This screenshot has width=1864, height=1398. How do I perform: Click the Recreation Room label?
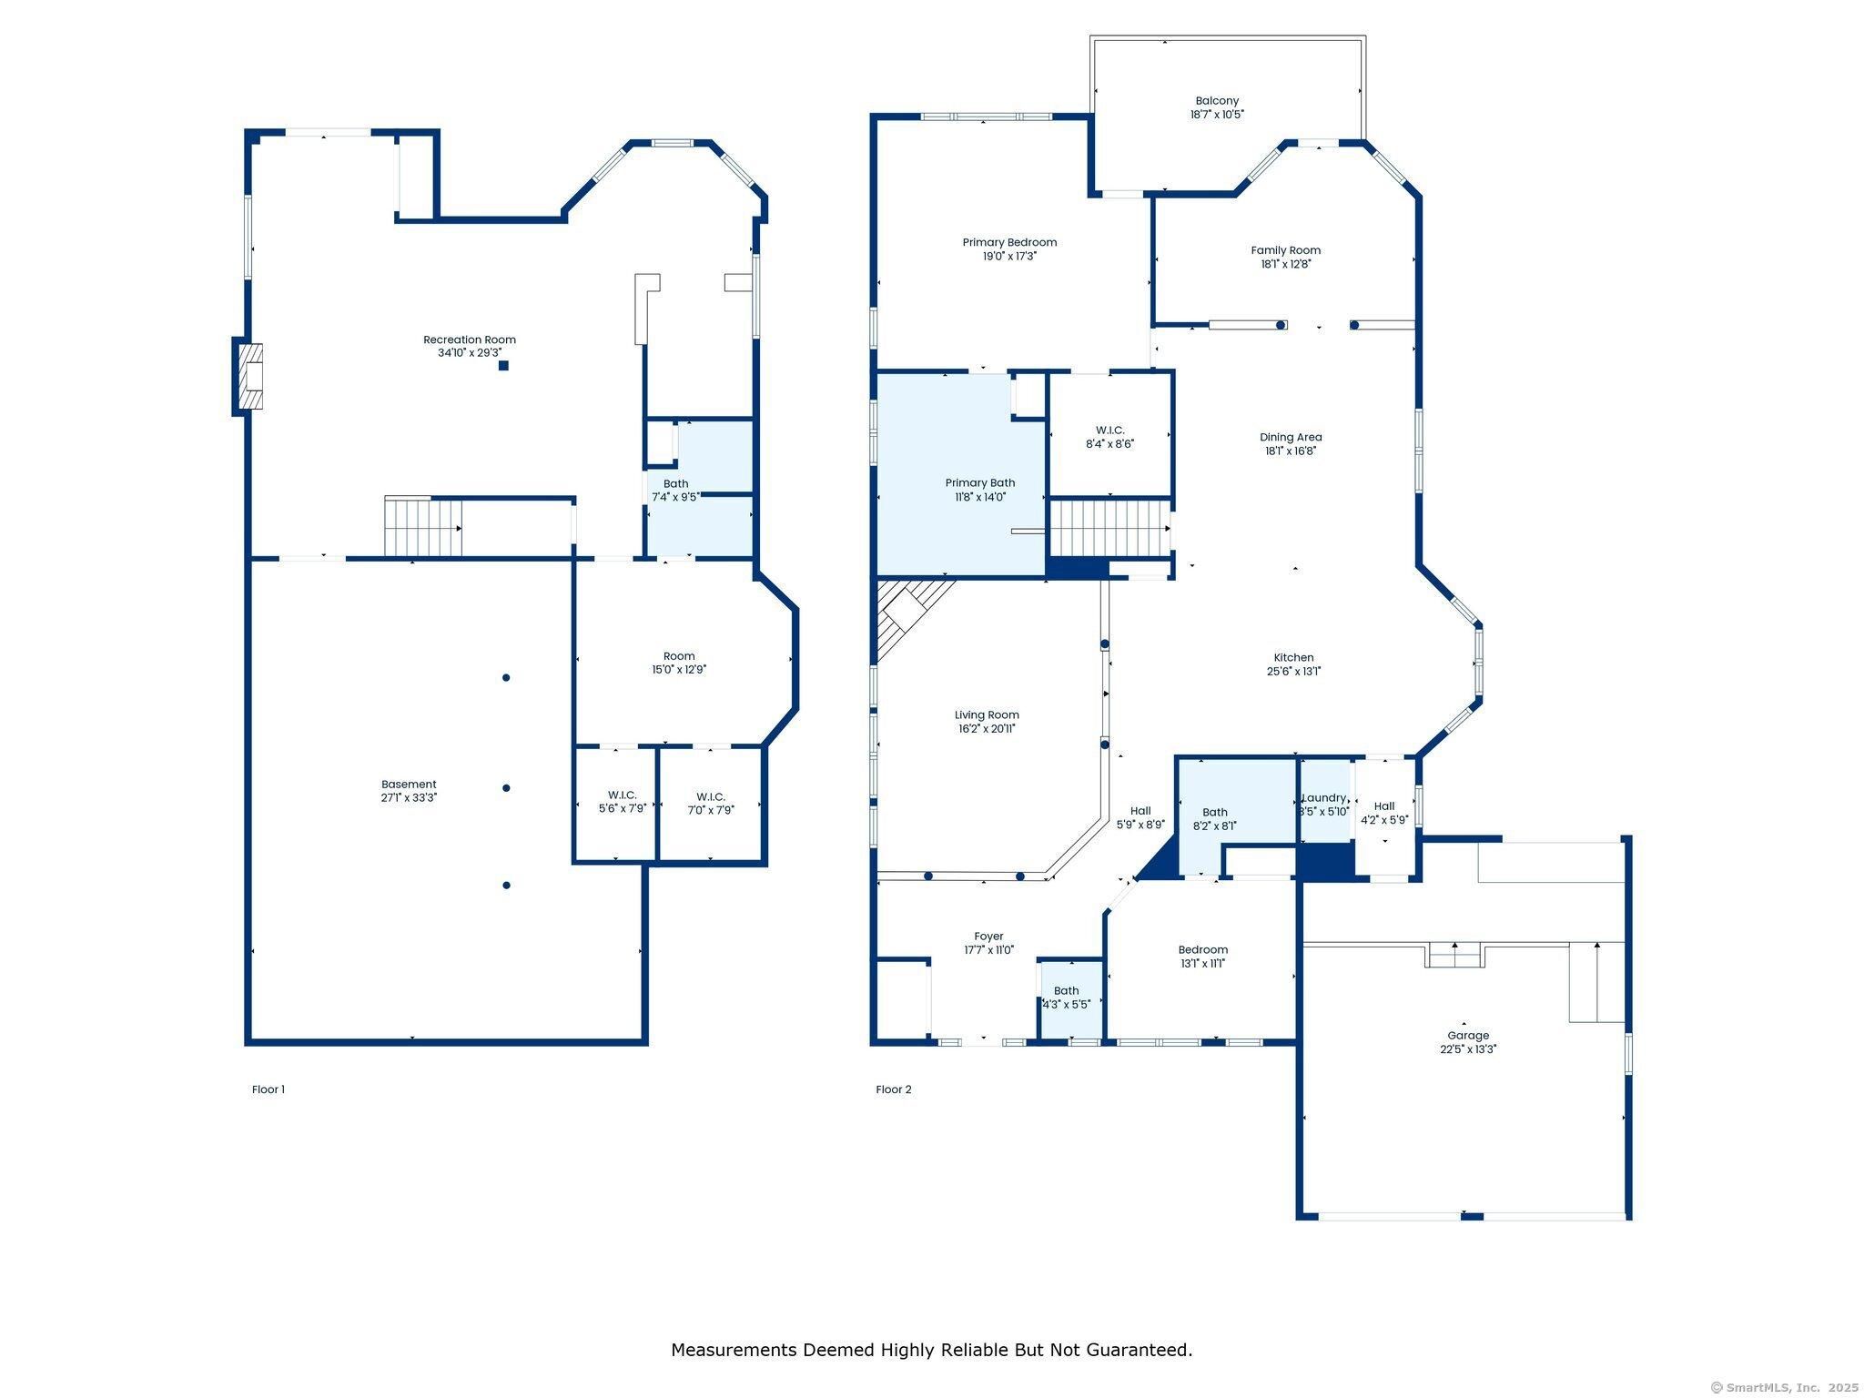[x=469, y=339]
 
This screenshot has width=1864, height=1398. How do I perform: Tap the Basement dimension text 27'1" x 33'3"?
[x=409, y=797]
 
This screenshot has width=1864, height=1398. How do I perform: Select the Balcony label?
[x=1217, y=101]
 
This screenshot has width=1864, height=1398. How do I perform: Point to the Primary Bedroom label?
[x=1009, y=242]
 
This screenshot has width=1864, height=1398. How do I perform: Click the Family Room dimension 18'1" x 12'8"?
[x=1285, y=264]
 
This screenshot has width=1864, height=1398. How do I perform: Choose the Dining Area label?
[x=1290, y=437]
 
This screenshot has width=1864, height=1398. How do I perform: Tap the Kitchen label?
[x=1293, y=657]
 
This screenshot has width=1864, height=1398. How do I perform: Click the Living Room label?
[x=987, y=714]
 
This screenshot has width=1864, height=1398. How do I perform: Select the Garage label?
[x=1468, y=1035]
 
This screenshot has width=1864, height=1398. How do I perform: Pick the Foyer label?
[x=988, y=936]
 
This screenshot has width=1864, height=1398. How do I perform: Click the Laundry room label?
[x=1323, y=797]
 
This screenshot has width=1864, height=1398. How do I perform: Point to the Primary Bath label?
[x=979, y=482]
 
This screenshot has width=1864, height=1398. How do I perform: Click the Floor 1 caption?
[x=268, y=1089]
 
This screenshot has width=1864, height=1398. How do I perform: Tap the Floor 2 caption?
[x=893, y=1089]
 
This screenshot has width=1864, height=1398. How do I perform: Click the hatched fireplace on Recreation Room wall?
[x=249, y=376]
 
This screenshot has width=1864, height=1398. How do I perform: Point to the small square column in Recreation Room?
[x=503, y=366]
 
